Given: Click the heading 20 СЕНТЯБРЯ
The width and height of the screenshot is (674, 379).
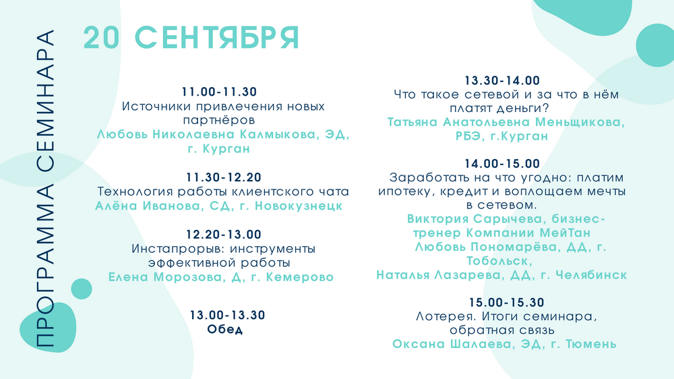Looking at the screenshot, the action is pos(191,38).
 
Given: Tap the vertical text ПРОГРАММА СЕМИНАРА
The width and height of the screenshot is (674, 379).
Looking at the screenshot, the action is pos(45,188).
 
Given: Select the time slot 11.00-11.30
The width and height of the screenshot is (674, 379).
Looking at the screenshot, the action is pos(219,92).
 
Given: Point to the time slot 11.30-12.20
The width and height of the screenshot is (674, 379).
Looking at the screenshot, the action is pos(224,177).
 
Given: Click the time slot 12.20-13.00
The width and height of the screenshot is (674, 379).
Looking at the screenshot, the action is pos(224,235).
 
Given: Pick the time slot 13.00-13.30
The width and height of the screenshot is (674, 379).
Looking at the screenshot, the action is pos(228,315).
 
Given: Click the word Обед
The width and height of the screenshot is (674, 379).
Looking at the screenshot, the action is pos(225,329).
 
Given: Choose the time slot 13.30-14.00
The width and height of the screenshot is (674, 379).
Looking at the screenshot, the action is pos(502,80).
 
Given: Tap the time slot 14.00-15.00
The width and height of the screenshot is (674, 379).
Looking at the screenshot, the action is pos(502,163).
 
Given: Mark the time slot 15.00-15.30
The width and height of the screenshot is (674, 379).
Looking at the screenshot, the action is pos(506,302).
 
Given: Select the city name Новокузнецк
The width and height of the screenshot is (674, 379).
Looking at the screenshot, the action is pos(299,206).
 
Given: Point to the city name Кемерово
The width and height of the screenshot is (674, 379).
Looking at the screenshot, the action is pos(300,277).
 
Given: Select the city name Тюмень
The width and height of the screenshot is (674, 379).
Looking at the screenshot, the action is pos(591,344).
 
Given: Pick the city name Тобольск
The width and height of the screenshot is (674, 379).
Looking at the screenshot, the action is pos(499,261).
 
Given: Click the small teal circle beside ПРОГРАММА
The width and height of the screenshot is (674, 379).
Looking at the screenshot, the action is pos(82,289).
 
